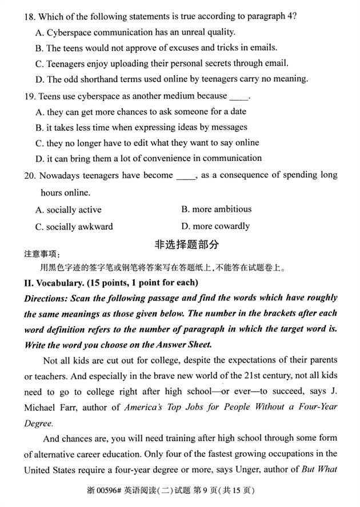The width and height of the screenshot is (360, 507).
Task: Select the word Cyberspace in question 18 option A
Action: tap(70, 32)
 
